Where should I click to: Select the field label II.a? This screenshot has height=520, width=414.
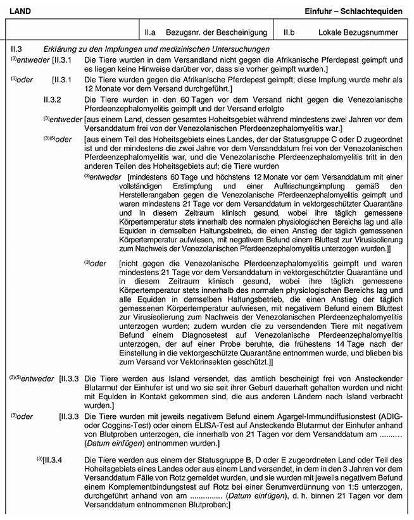148,32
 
